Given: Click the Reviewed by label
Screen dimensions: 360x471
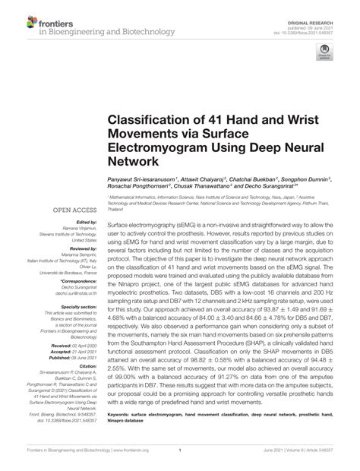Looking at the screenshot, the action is point(79,248).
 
